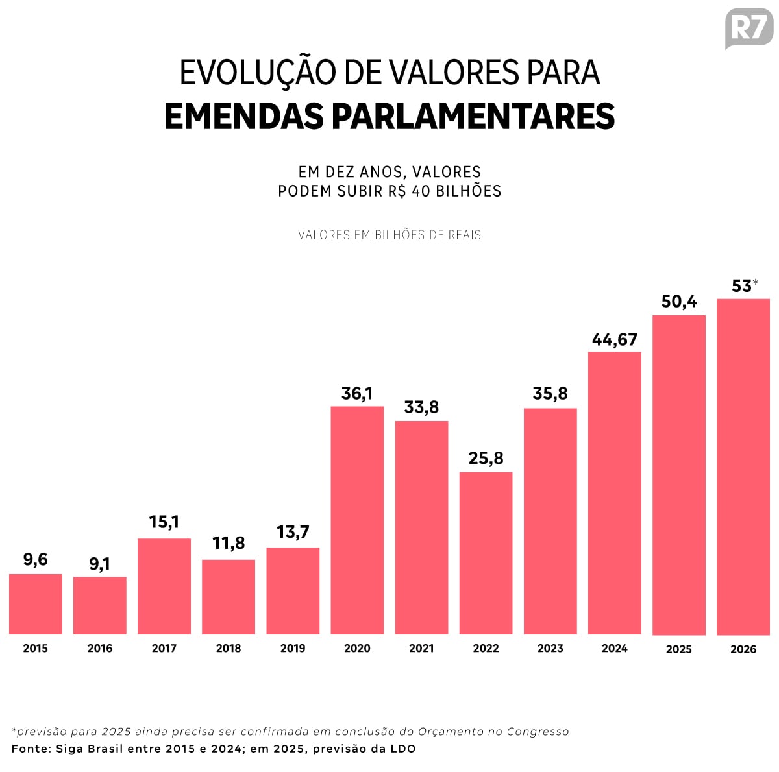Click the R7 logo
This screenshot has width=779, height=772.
coord(749,29)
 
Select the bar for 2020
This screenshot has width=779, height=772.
coord(357,520)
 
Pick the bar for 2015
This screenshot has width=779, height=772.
coord(36,604)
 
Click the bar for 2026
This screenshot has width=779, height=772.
coord(743,466)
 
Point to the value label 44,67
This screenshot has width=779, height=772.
coord(615,339)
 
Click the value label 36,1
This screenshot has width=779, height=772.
coord(357,393)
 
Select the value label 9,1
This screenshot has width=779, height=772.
coord(99,564)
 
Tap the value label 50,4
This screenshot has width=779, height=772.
coord(679,301)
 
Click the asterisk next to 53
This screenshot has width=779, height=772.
coord(756,282)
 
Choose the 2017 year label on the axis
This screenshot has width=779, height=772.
coord(164,648)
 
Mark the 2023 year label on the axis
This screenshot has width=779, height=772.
coord(550,648)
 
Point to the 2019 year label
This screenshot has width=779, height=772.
coord(293,648)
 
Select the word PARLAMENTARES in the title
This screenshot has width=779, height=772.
coord(473,117)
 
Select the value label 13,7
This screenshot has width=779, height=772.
coord(293,532)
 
